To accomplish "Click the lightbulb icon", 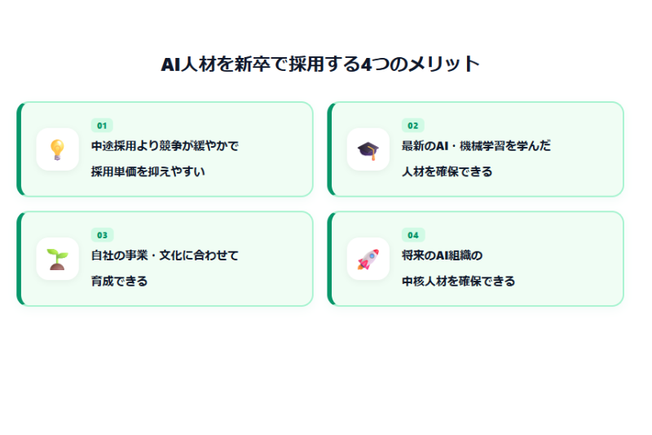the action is [x=57, y=150].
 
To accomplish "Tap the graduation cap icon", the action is [x=368, y=150].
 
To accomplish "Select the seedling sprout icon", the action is [x=57, y=260].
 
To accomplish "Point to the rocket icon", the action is [x=368, y=260].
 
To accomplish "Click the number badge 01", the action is [x=102, y=126].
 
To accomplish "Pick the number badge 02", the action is [x=413, y=126].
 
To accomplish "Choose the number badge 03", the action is [x=102, y=235].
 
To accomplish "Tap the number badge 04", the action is [x=413, y=235].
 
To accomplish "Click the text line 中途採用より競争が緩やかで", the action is [x=165, y=146].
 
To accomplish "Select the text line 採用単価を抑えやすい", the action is [x=148, y=171].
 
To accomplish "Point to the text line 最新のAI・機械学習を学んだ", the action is [x=476, y=146].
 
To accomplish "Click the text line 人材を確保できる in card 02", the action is [x=447, y=171].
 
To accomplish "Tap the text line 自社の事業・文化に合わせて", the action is [x=165, y=255].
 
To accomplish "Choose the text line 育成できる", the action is [x=119, y=281].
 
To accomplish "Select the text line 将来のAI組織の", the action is [x=442, y=255].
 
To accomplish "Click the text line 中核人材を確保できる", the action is [x=458, y=281].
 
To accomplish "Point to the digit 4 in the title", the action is [x=366, y=64].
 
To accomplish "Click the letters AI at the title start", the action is [x=170, y=64].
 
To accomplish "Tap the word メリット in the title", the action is [x=443, y=64].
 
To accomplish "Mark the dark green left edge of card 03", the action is [x=19, y=259].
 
